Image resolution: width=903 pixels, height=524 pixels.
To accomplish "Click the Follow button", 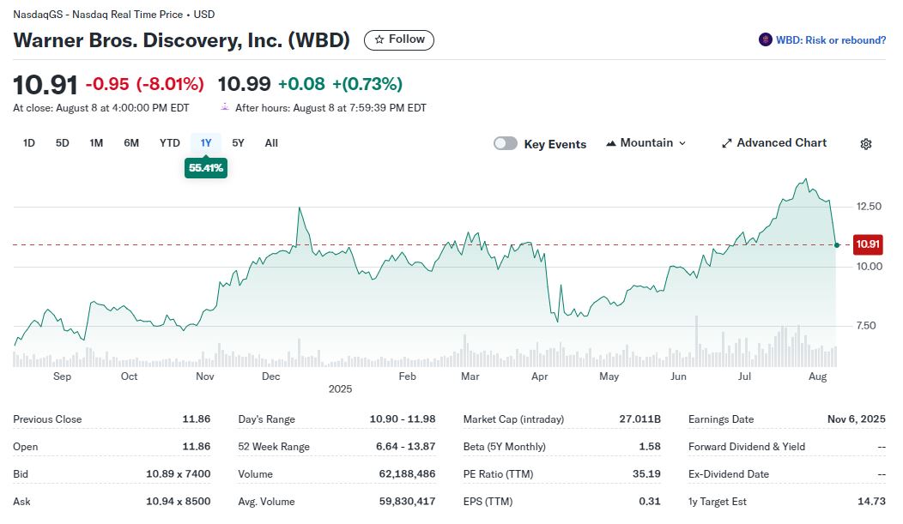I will pos(399,39).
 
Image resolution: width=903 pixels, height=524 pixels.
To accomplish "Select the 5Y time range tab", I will pos(238,143).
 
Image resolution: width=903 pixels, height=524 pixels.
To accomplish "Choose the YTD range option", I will pos(169,143).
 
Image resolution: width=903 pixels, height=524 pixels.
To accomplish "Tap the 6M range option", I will pos(131,143).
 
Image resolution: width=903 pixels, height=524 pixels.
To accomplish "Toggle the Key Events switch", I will pos(506,143).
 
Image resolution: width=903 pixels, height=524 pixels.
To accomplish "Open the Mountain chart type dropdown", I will pos(645,143).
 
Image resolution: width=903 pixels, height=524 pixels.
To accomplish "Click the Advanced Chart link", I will pos(773,143).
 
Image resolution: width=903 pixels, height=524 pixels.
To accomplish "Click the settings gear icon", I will pos(866,144).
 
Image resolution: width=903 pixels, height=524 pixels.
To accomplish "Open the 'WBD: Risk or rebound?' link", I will pos(822,40).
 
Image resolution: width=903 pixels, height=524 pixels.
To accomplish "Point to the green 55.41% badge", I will pos(206,168).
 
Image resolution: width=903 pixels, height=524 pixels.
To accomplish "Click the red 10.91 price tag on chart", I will pos(868,245).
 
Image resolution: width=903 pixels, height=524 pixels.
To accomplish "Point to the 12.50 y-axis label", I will pos(869,207).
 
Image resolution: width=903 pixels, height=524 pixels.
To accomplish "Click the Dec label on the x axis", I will pos(270,376).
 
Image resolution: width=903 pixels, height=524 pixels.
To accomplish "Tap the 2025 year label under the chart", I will pos(340,389).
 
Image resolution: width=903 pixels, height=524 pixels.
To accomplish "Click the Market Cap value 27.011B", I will pos(639,419).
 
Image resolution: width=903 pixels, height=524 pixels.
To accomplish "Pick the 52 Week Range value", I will pos(406,447).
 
